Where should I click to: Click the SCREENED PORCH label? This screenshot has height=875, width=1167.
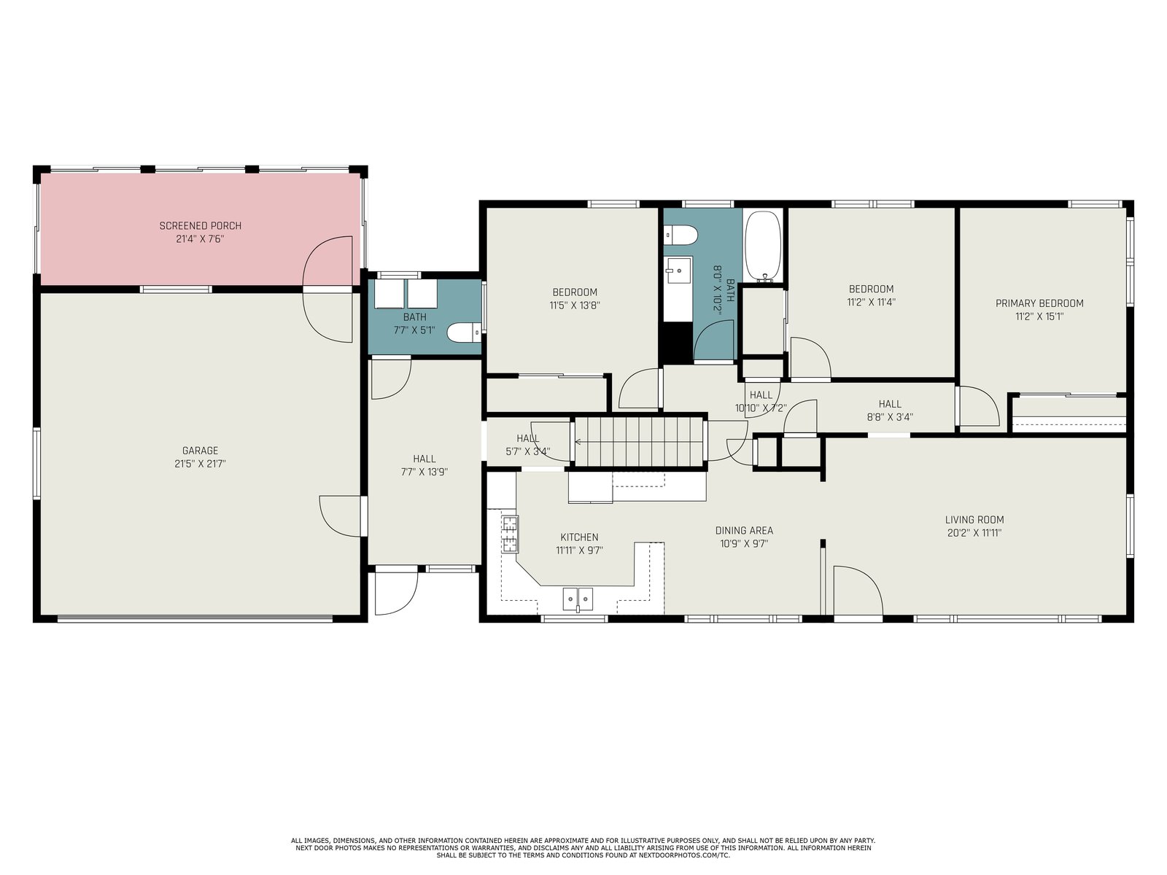point(201,226)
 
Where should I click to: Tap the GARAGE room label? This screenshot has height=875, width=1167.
point(200,451)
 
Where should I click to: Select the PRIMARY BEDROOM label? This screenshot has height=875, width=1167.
point(1039,303)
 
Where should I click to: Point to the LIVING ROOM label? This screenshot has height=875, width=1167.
point(974,520)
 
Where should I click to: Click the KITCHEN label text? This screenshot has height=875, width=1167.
point(580,537)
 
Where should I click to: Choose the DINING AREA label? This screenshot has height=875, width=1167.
point(744,530)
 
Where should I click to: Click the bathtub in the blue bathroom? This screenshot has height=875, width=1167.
point(763,246)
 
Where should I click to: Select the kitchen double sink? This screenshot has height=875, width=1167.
point(578,599)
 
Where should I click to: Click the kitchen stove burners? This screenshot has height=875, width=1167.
point(509,534)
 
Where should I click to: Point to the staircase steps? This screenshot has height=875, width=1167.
point(640,441)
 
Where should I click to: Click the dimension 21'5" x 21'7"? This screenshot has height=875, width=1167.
point(200,464)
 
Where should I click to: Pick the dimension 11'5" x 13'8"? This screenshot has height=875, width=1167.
point(575,306)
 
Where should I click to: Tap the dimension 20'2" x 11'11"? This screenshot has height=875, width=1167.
point(974,533)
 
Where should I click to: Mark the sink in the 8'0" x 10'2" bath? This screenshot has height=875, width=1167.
point(678,271)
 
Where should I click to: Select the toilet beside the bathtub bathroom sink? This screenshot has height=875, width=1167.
point(681,234)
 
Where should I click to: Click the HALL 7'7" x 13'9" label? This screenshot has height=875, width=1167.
point(424,465)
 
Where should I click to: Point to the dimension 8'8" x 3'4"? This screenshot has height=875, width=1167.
point(890,417)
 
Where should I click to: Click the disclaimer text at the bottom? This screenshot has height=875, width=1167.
point(583,848)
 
